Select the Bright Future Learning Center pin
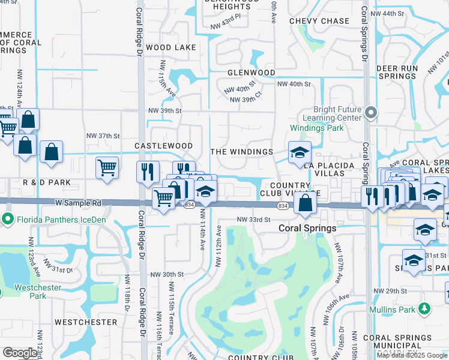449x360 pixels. click(372, 112)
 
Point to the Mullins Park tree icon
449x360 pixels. click(425, 308)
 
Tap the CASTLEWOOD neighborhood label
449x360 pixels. click(163, 146)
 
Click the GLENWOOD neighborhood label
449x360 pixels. click(251, 73)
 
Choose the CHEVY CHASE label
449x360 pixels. click(319, 21)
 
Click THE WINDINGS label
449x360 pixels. click(242, 152)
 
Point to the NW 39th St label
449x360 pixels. click(165, 111)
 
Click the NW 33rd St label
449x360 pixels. click(254, 220)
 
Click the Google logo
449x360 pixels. click(20, 353)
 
